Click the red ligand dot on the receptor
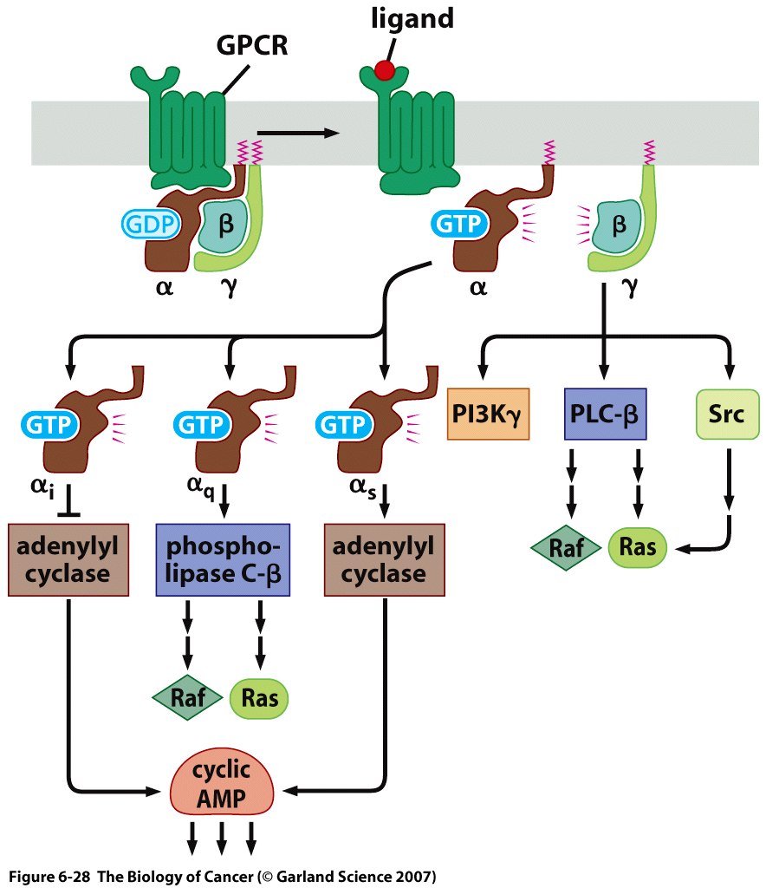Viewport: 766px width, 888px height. [x=384, y=69]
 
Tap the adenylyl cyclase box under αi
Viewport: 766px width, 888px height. [x=68, y=559]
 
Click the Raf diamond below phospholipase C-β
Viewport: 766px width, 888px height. [x=187, y=698]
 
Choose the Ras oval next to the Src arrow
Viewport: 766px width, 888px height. [x=639, y=548]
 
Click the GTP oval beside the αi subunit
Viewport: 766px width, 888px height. [x=49, y=424]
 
